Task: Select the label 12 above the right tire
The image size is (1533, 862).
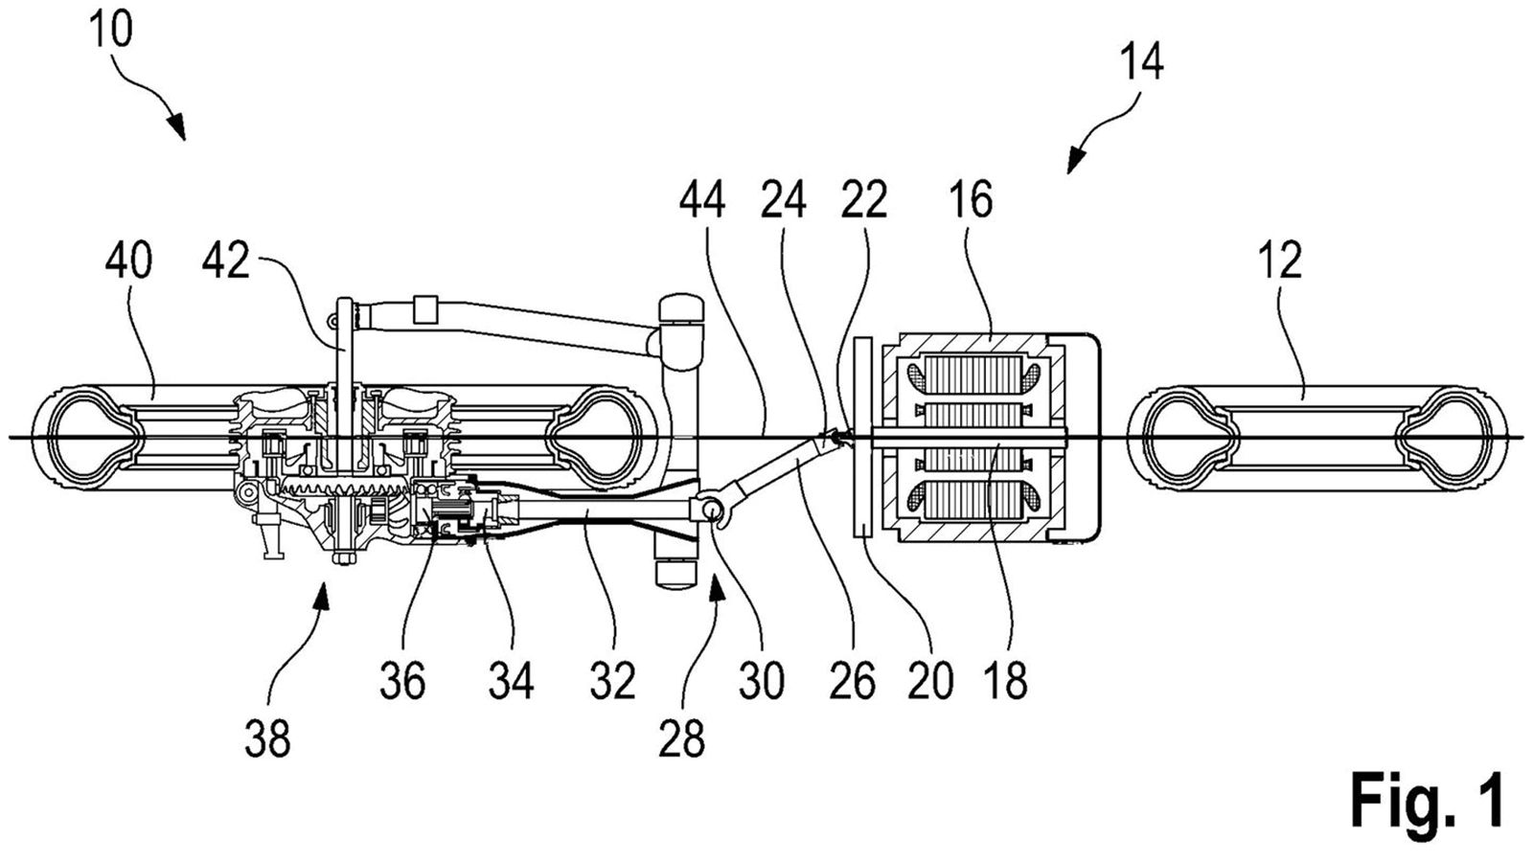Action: click(1280, 260)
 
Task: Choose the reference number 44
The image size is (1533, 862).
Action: click(703, 199)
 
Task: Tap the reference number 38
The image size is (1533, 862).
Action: click(267, 738)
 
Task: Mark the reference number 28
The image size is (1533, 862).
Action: click(681, 738)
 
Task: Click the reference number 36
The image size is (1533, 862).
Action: click(402, 680)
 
